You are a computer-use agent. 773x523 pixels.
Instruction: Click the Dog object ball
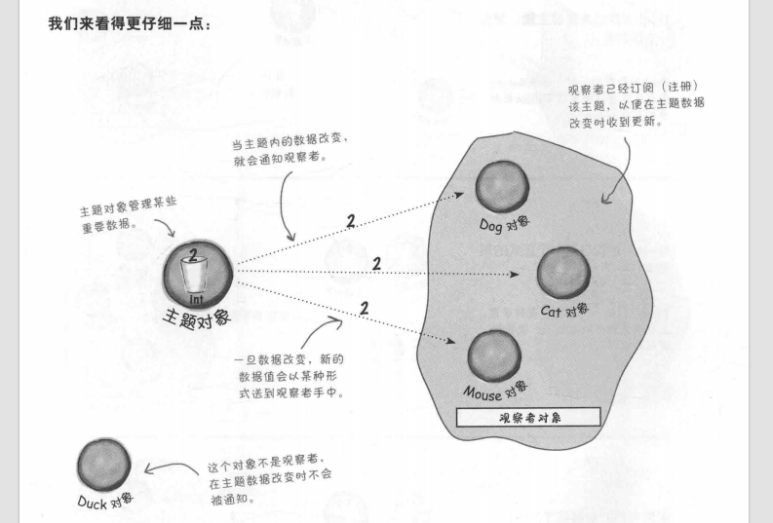(x=502, y=187)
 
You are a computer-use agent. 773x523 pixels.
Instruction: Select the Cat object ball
(x=562, y=272)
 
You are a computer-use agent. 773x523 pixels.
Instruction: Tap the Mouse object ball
(x=494, y=356)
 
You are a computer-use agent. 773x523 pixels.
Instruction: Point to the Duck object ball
(x=104, y=465)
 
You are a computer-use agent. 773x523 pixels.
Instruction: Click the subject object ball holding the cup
(x=197, y=271)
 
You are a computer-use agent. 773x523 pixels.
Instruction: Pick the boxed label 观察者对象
(x=528, y=417)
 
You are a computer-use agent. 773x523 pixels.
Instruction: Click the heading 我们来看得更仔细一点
(x=129, y=22)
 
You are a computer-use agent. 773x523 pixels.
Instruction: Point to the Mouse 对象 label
(x=496, y=393)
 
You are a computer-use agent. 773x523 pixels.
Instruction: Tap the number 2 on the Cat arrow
(x=376, y=263)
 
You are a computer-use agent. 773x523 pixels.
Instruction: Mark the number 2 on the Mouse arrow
(x=365, y=309)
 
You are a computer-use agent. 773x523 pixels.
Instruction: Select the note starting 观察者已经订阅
(x=638, y=105)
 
